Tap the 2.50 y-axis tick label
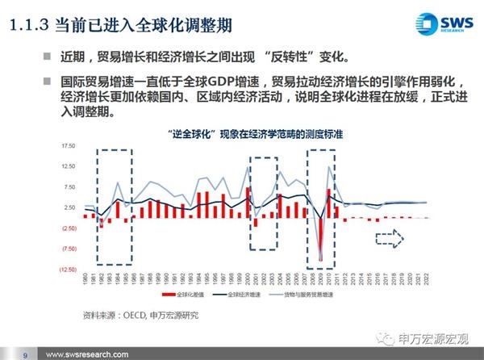(69, 208)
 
